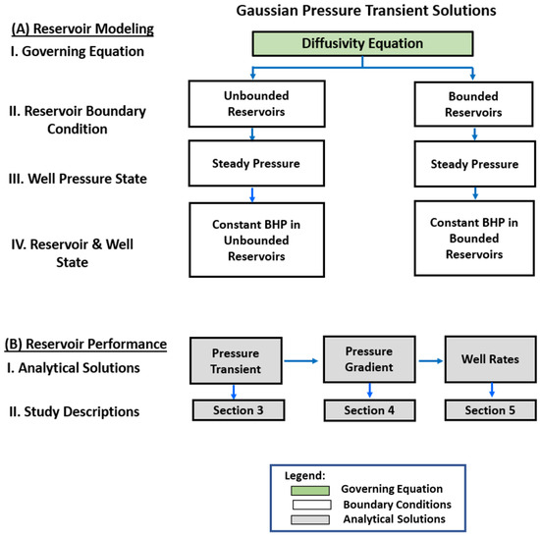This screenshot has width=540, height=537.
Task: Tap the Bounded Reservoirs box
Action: (474, 104)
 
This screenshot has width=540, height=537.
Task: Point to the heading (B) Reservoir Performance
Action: (85, 344)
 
